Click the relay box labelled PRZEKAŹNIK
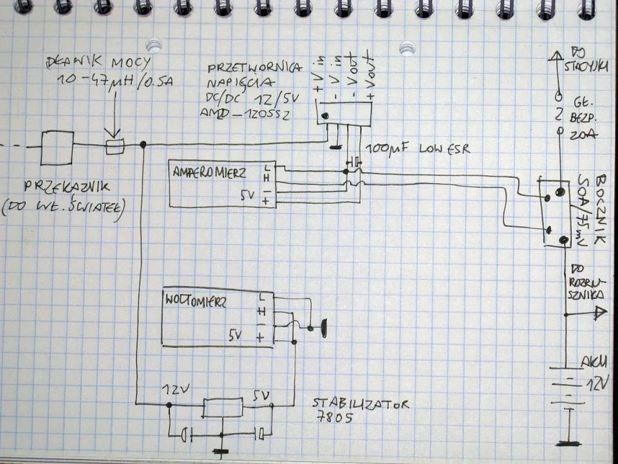click(x=57, y=149)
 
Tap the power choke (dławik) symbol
click(x=115, y=148)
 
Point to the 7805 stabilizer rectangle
click(x=223, y=408)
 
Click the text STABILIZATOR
click(x=360, y=404)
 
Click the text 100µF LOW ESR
click(x=418, y=150)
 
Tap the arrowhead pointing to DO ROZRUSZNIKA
click(x=601, y=314)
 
